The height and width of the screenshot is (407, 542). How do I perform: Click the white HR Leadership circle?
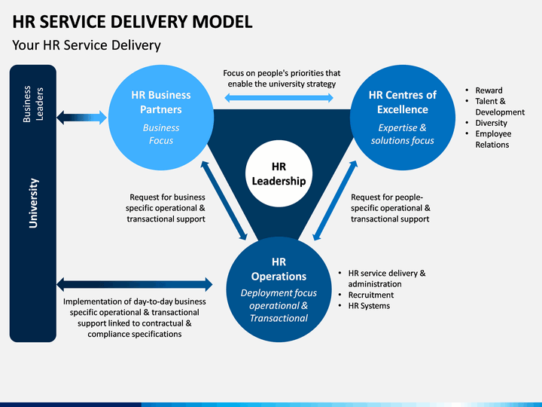click(279, 173)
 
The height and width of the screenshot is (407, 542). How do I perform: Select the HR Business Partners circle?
click(161, 118)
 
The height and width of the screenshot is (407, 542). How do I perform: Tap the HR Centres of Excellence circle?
click(403, 118)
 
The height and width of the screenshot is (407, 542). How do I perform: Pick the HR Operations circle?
click(279, 289)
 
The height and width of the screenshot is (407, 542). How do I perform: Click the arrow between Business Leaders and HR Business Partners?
click(82, 118)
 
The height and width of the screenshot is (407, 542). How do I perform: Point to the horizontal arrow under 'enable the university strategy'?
click(279, 97)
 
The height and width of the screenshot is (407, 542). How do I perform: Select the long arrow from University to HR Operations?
click(135, 284)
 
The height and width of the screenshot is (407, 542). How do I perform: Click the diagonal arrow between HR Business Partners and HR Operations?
click(224, 200)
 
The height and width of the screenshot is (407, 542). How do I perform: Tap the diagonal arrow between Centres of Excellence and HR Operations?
click(335, 200)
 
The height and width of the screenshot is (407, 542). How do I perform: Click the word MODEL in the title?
click(222, 21)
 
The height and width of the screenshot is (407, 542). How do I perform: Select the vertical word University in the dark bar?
click(33, 203)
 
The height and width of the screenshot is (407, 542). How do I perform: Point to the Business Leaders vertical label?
click(33, 104)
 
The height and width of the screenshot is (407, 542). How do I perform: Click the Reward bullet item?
click(489, 90)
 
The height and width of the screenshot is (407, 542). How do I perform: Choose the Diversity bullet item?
click(491, 123)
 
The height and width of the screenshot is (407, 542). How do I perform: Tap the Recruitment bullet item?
click(371, 295)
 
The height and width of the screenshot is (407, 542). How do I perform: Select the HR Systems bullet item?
click(369, 305)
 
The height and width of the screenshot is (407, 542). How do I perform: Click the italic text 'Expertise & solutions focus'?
click(403, 134)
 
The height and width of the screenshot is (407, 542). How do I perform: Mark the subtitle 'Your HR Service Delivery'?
click(87, 45)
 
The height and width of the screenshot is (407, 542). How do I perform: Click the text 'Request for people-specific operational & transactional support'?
click(391, 208)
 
